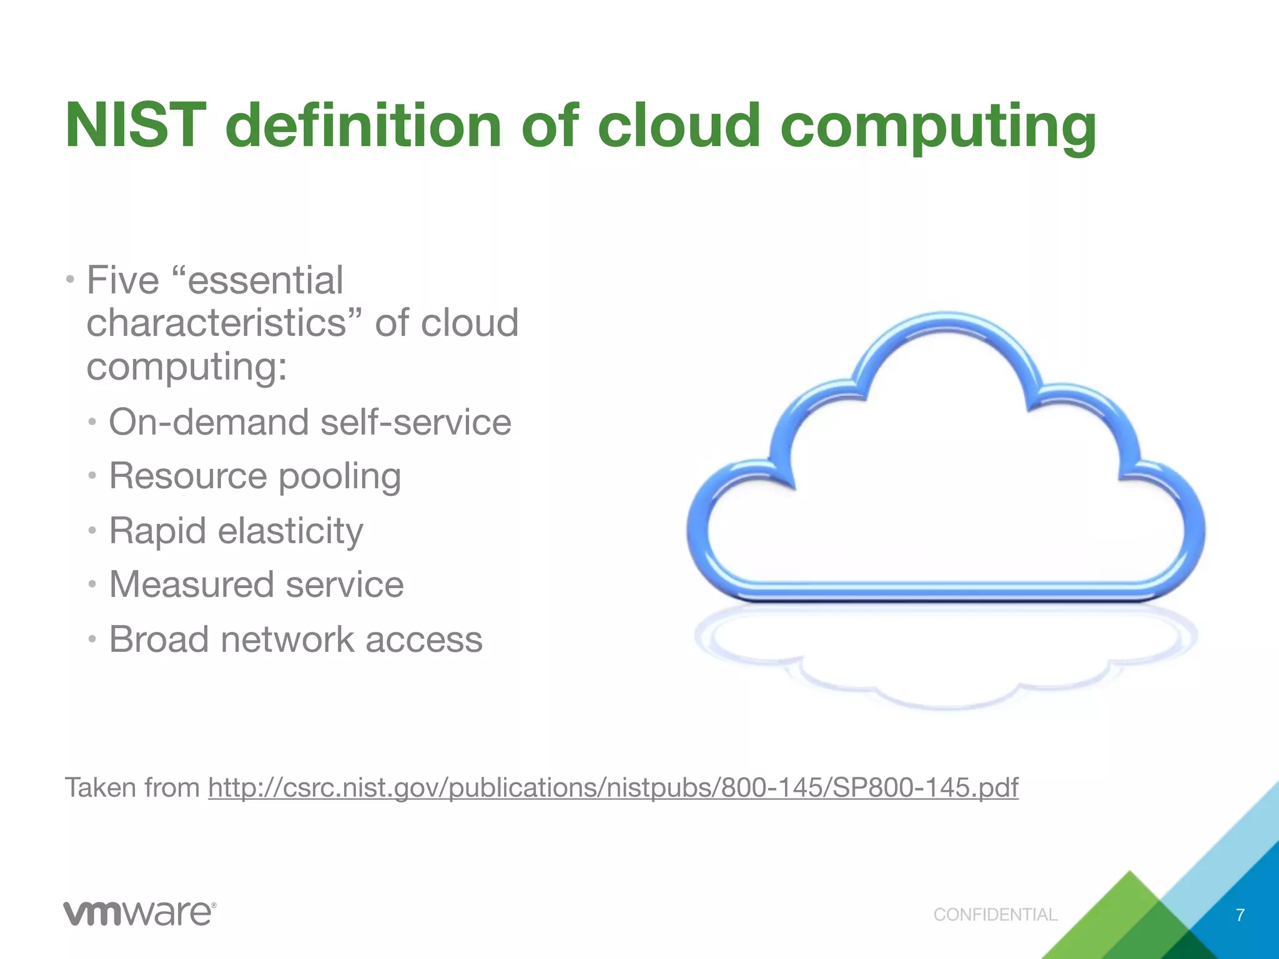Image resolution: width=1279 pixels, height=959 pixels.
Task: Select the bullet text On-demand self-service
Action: tap(310, 422)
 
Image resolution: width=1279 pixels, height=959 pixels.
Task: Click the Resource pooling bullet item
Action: tap(255, 476)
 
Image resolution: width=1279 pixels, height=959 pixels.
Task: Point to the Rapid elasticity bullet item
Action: tap(236, 531)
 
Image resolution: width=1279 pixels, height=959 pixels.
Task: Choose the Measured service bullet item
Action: tap(256, 585)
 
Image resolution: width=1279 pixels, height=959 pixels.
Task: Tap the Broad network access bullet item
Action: tap(295, 640)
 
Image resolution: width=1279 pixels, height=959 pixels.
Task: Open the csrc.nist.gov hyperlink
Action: tap(613, 788)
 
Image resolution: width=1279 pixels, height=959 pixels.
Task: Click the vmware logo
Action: tap(139, 913)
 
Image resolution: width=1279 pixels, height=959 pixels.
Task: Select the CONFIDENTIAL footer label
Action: tap(995, 915)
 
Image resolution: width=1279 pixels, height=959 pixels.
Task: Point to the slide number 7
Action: tap(1240, 915)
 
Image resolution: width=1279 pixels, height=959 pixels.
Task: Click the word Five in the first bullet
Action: tap(122, 280)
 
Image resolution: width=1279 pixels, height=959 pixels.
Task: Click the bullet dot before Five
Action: tap(71, 278)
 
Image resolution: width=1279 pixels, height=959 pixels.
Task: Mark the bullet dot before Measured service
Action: tap(92, 585)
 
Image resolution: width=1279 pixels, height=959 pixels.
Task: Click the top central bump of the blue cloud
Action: tap(946, 322)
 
